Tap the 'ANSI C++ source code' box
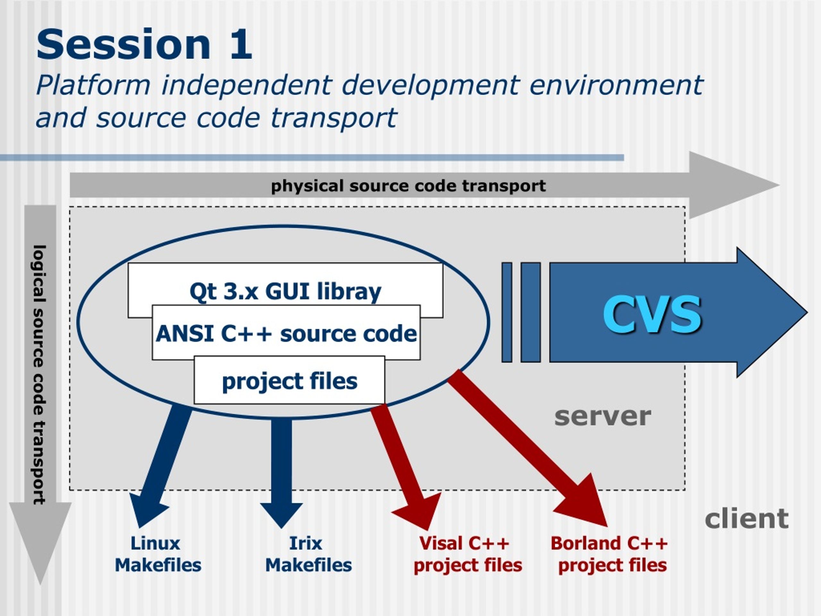[286, 333]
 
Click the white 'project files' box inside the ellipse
[290, 380]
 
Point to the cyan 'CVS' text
[652, 314]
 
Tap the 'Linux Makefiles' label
[158, 554]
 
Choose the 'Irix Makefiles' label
[308, 554]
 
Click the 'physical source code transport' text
[408, 186]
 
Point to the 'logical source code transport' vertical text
[39, 375]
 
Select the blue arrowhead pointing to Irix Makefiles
[281, 515]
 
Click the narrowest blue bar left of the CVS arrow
[507, 312]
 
